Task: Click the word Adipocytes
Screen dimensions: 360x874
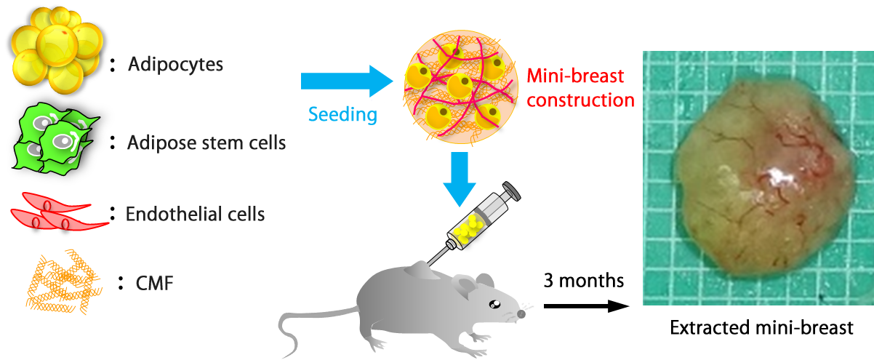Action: click(x=175, y=64)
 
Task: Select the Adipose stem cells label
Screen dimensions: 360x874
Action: click(x=207, y=142)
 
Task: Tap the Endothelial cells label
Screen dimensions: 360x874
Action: click(x=195, y=214)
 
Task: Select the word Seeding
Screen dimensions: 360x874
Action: click(x=342, y=114)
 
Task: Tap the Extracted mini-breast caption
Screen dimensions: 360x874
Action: click(x=760, y=327)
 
